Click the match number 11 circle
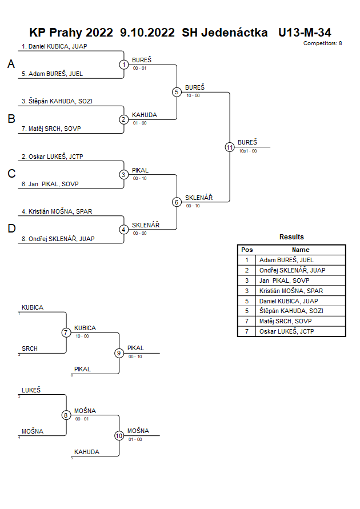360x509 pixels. (x=230, y=147)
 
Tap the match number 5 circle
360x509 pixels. (x=177, y=92)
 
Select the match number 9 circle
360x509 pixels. (x=119, y=353)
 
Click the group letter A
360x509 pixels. (x=11, y=65)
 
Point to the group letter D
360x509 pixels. (x=11, y=229)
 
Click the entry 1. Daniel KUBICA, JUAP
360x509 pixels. (x=54, y=46)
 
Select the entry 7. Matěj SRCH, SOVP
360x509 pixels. (x=51, y=129)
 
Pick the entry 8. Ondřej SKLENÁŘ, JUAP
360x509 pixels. (x=58, y=239)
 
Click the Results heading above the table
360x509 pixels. (x=291, y=237)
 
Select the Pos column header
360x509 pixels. (x=247, y=250)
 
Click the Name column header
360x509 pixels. (x=301, y=250)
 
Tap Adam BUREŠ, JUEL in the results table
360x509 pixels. (x=286, y=260)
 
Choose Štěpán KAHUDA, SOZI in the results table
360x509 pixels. (x=290, y=311)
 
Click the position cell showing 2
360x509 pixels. (x=247, y=270)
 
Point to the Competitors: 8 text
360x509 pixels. (x=323, y=43)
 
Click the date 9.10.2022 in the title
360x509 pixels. (x=147, y=33)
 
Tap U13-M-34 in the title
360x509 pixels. (x=305, y=33)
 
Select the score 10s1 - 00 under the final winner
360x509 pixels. (x=247, y=151)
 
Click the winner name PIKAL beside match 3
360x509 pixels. (x=140, y=170)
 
